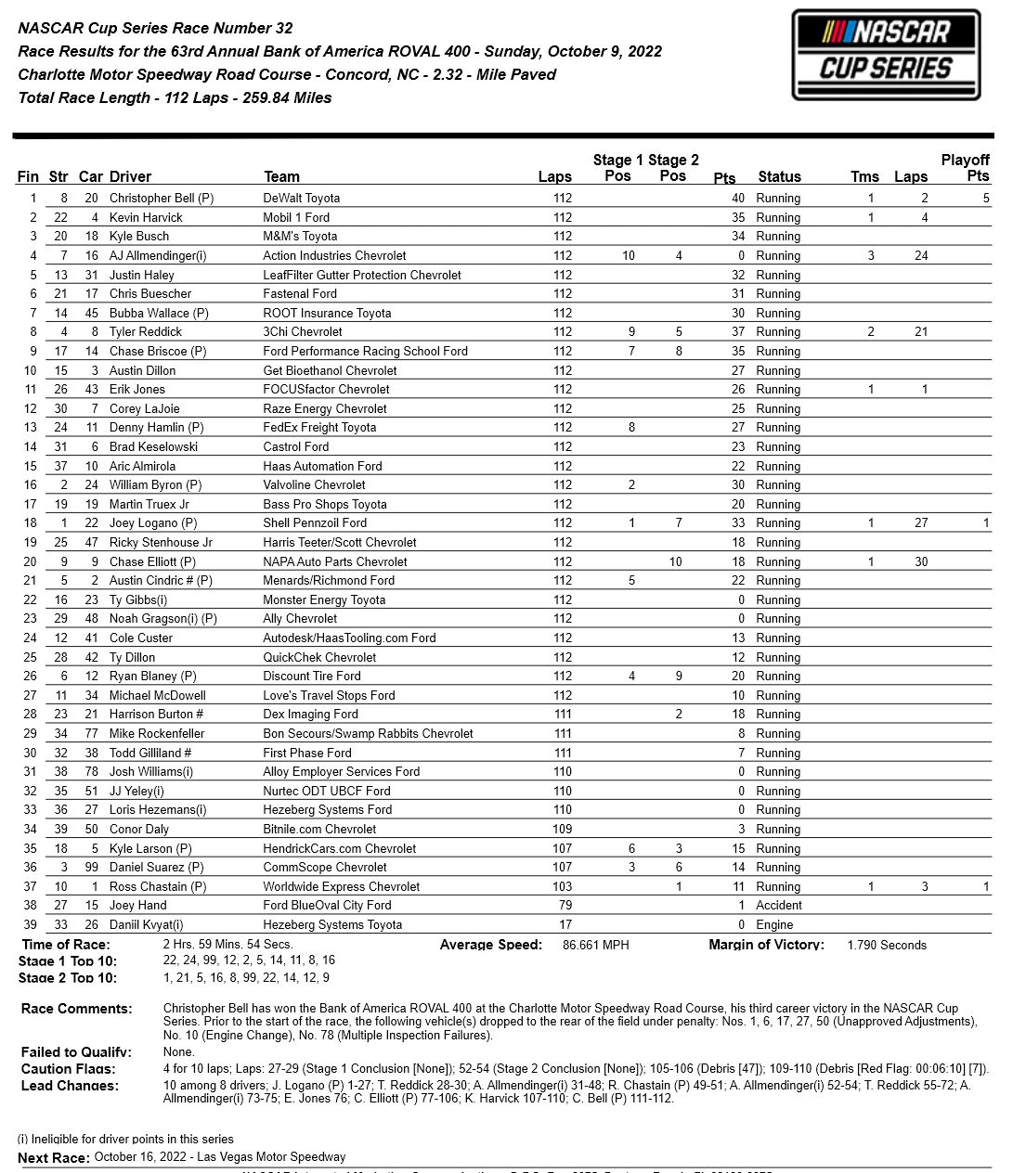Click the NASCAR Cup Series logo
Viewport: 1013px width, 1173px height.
point(886,55)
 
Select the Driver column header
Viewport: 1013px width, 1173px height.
point(130,176)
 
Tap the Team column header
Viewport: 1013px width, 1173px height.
point(281,176)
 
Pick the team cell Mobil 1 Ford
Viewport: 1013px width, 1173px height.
point(296,217)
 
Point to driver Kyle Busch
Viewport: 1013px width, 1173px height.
point(139,236)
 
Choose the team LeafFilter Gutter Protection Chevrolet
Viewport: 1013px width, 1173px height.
point(362,275)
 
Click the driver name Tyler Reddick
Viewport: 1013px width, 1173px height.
point(146,331)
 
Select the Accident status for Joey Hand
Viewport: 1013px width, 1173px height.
point(778,905)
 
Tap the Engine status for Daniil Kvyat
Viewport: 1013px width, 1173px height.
point(774,924)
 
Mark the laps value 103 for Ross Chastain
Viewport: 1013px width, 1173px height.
point(563,886)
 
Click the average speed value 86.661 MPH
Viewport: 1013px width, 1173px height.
point(596,945)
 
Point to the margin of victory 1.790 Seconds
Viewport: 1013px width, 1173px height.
point(887,945)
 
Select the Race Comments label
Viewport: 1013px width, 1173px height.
point(76,1009)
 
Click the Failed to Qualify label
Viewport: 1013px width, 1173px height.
point(76,1052)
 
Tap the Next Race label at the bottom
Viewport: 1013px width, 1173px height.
point(54,1157)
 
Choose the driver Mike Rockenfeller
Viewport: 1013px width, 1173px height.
point(157,733)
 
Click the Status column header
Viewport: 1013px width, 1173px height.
point(779,176)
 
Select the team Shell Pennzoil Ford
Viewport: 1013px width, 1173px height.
point(315,522)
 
